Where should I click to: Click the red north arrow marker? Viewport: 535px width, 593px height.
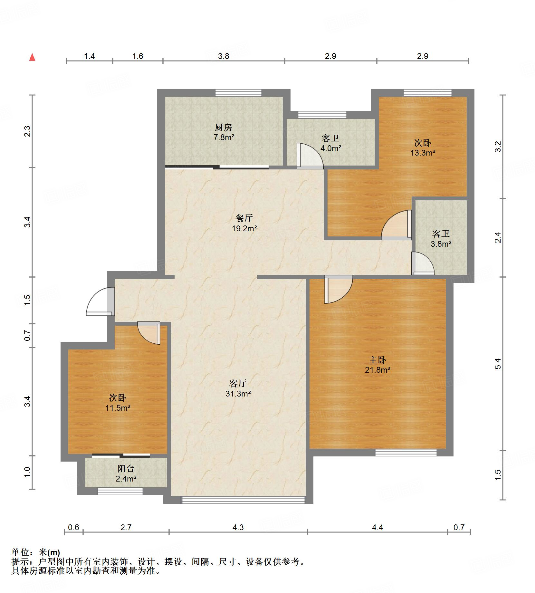[32, 57]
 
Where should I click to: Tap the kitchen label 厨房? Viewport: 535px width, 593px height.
[223, 128]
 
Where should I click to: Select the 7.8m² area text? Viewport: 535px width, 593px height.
[224, 138]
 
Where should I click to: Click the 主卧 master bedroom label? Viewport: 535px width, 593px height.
[377, 360]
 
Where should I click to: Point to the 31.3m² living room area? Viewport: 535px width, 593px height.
[238, 393]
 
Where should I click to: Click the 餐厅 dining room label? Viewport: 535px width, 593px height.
[244, 218]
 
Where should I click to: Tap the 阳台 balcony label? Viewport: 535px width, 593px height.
[126, 469]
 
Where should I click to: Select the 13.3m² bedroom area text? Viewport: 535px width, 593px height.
[423, 153]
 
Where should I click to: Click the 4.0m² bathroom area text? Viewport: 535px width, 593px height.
[330, 148]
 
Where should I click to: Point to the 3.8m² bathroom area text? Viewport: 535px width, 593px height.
[441, 244]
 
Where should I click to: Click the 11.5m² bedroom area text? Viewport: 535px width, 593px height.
[118, 408]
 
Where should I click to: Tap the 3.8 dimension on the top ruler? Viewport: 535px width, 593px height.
[224, 56]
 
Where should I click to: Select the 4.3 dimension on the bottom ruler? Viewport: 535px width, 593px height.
[238, 527]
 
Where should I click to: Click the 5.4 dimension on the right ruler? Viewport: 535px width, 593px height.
[498, 364]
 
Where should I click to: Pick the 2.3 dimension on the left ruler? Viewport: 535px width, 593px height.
[28, 131]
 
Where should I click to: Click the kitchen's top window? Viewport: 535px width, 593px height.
[238, 93]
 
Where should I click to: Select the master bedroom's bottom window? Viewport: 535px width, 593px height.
[406, 453]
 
